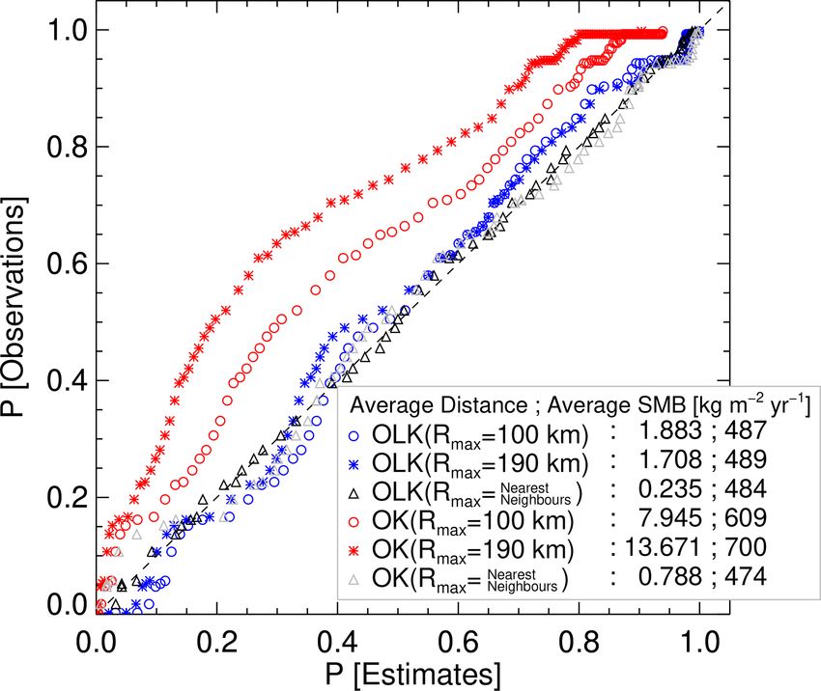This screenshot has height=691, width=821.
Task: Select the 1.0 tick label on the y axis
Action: [x=61, y=30]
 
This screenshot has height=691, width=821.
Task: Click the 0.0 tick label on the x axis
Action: [x=98, y=639]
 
